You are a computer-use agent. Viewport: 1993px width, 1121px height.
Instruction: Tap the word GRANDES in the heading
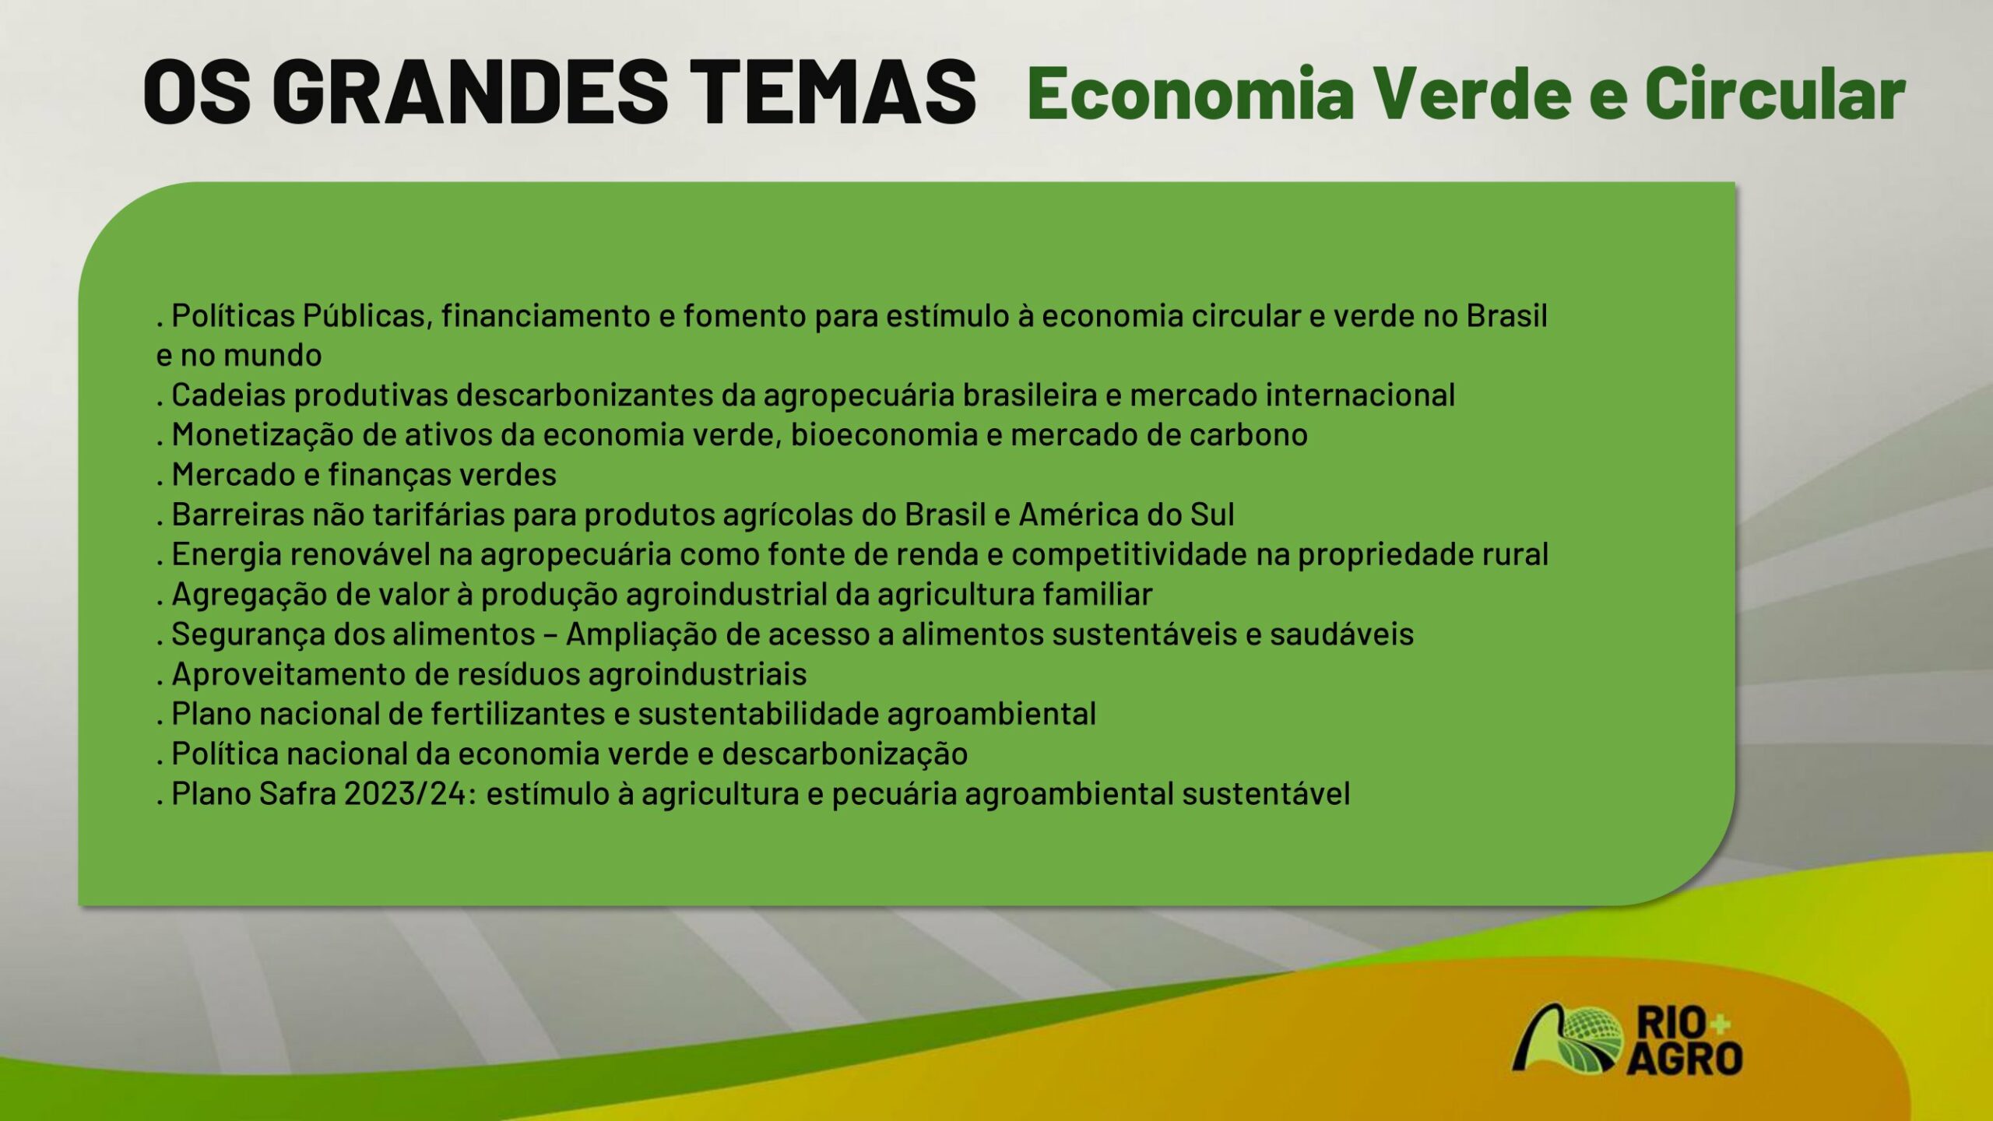pos(470,92)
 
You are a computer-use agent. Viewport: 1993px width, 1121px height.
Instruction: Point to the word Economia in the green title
pos(1191,93)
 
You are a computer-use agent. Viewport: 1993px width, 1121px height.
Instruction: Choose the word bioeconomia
pos(884,435)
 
